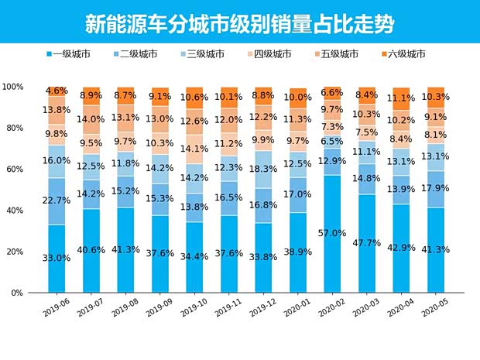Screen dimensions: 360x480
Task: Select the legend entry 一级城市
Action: coord(73,54)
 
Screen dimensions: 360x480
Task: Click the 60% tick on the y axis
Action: coord(13,170)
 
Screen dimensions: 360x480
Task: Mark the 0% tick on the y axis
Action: coord(15,293)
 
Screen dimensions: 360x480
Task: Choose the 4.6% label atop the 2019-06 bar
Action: coord(57,91)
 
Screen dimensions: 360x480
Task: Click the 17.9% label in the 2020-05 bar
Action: coord(437,187)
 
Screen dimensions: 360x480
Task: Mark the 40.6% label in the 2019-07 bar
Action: coord(91,250)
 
